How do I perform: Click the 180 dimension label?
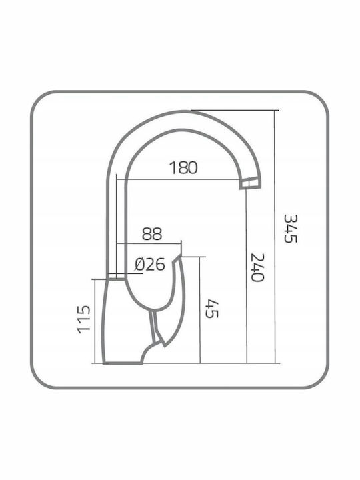pos(183,167)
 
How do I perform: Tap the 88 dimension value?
pos(152,234)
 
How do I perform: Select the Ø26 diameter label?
pos(150,264)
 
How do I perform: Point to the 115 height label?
pos(84,319)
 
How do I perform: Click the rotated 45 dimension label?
pos(211,309)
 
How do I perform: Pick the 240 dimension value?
pos(257,267)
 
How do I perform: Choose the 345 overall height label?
pos(291,229)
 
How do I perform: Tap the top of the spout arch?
pos(184,112)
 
